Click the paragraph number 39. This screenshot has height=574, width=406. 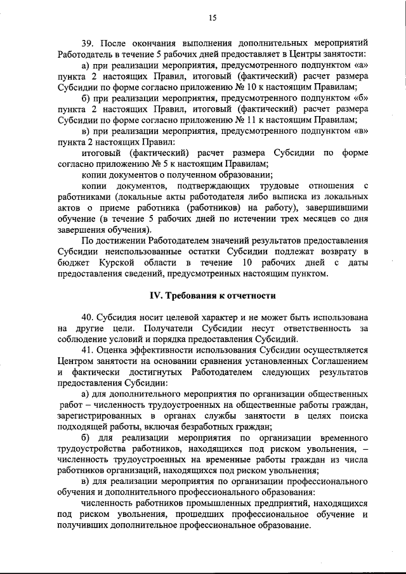[x=88, y=44]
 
